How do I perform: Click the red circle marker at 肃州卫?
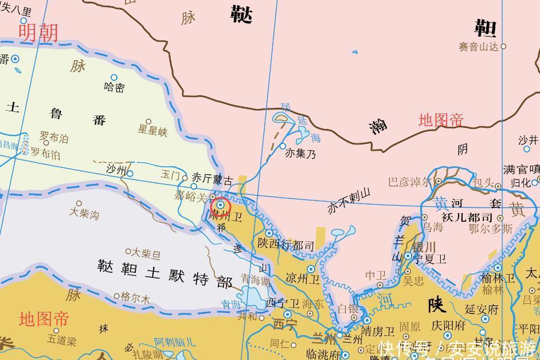click(x=220, y=206)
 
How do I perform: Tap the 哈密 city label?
click(x=114, y=88)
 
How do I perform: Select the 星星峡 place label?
click(x=152, y=131)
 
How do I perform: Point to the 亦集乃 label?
click(x=300, y=154)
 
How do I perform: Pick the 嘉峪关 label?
click(x=190, y=197)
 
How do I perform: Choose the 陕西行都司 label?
click(x=286, y=246)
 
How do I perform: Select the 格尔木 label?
click(x=135, y=299)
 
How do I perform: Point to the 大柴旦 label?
click(x=146, y=253)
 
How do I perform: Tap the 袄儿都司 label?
click(x=472, y=217)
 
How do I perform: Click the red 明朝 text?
click(x=38, y=33)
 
